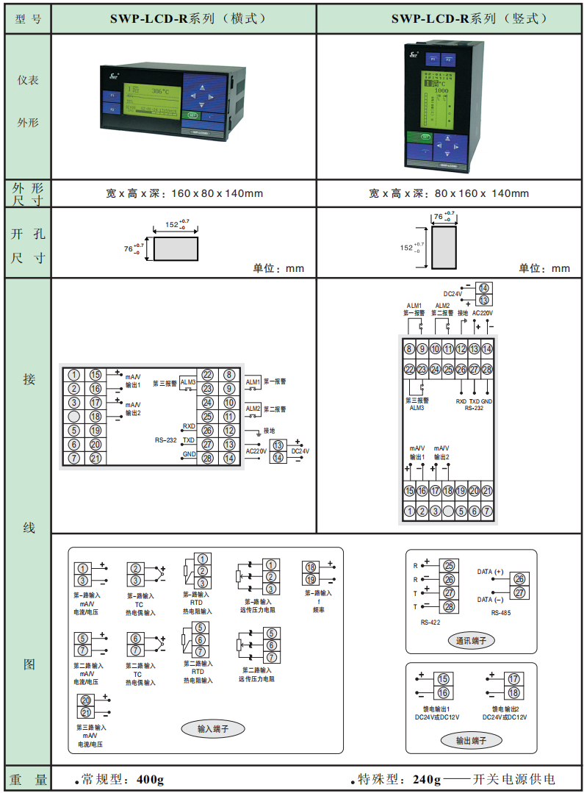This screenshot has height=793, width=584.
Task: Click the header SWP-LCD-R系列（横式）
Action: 184,18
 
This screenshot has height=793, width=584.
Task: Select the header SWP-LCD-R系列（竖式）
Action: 450,18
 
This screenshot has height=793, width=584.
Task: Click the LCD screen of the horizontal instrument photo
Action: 150,101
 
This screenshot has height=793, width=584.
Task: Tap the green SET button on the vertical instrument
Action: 424,137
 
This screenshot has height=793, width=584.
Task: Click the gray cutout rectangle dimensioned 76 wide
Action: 444,248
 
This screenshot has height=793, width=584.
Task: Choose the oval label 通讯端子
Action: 471,641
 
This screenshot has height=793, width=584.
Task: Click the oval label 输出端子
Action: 471,740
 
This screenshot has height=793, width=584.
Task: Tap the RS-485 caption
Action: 501,611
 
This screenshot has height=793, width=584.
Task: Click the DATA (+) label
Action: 490,572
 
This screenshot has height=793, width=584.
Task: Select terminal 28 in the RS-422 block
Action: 449,606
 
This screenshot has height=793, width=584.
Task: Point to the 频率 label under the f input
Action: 319,610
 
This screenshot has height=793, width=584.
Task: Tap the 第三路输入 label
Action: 91,727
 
